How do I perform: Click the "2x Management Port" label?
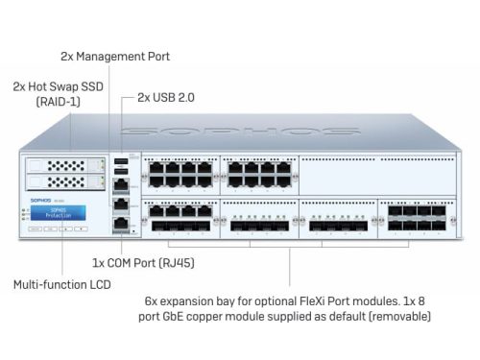pyautogui.click(x=114, y=56)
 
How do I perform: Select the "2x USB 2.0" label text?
pyautogui.click(x=167, y=97)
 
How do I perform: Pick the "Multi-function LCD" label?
pyautogui.click(x=60, y=285)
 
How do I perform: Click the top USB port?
pyautogui.click(x=121, y=161)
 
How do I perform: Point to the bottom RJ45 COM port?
pyautogui.click(x=121, y=223)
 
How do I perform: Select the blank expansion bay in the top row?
pyautogui.click(x=375, y=173)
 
